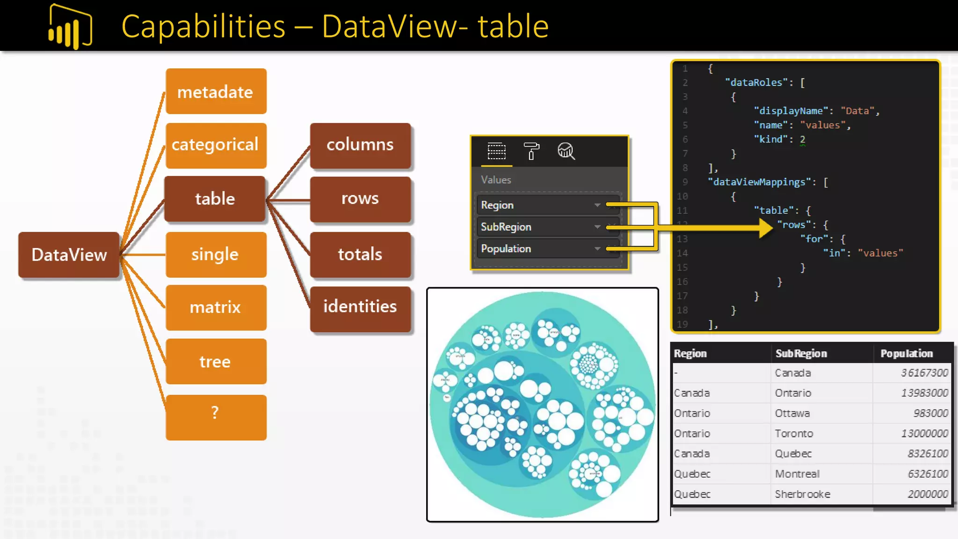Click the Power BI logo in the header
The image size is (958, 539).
click(70, 27)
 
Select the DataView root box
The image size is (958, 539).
click(69, 255)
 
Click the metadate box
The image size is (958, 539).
click(216, 92)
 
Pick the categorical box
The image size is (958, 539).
click(216, 145)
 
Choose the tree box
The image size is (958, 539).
click(216, 362)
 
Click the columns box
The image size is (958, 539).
click(360, 145)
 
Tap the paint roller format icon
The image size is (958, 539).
click(531, 151)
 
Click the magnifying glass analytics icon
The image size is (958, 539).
click(566, 151)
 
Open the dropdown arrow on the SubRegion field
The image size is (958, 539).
click(597, 227)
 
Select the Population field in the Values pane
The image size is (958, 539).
click(506, 249)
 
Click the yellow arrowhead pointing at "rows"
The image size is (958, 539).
click(765, 228)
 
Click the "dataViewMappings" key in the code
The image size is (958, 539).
click(759, 182)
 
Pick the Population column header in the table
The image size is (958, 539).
click(907, 354)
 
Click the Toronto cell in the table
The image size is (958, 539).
click(794, 434)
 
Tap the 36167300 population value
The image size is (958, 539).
click(924, 373)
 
